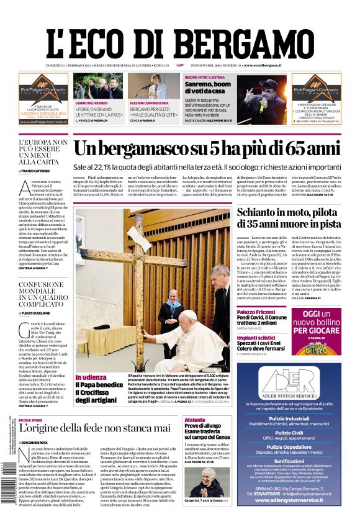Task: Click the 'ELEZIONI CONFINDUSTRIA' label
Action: [x=149, y=102]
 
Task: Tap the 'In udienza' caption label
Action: [x=91, y=377]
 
